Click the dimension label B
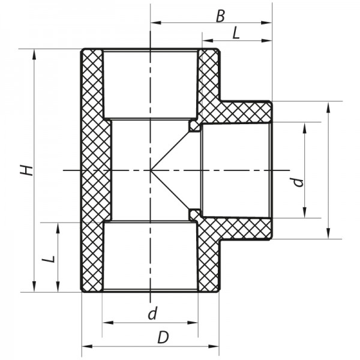220,15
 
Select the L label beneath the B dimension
236,34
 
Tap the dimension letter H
26,170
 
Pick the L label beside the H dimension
50,259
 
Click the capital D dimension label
163,338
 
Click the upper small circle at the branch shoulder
194,125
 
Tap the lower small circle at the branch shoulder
194,213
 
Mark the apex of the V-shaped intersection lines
151,170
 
